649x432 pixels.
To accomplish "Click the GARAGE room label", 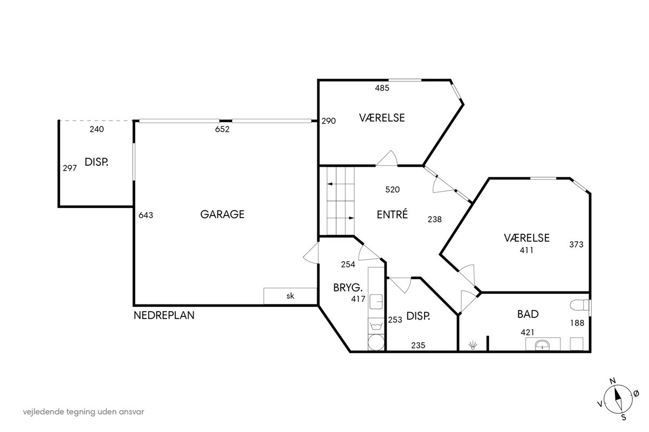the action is tap(222, 214).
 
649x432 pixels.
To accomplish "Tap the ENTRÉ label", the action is tap(392, 214).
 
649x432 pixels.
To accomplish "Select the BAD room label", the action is tap(528, 314).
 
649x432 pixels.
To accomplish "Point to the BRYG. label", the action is tap(348, 288).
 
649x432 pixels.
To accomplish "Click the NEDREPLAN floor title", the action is tap(164, 315).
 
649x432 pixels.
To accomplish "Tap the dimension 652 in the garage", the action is tap(222, 130).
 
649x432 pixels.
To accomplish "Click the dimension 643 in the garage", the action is tap(145, 215).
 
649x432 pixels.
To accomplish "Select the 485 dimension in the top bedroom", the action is tap(382, 88).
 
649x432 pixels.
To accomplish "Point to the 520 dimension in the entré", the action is tap(393, 190).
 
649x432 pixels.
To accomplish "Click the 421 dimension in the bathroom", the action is tap(528, 333).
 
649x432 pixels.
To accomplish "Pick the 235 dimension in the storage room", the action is tap(418, 345).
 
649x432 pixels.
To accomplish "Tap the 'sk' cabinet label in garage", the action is tap(290, 296).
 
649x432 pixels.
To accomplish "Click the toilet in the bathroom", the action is tap(580, 305).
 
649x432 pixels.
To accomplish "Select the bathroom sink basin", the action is tap(542, 345).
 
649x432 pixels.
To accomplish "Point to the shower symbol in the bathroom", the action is tap(473, 345).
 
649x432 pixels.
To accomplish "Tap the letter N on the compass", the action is tap(613, 381).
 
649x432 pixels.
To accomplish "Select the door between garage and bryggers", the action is tap(311, 253).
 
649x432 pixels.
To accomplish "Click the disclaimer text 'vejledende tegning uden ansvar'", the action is tap(83, 411).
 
